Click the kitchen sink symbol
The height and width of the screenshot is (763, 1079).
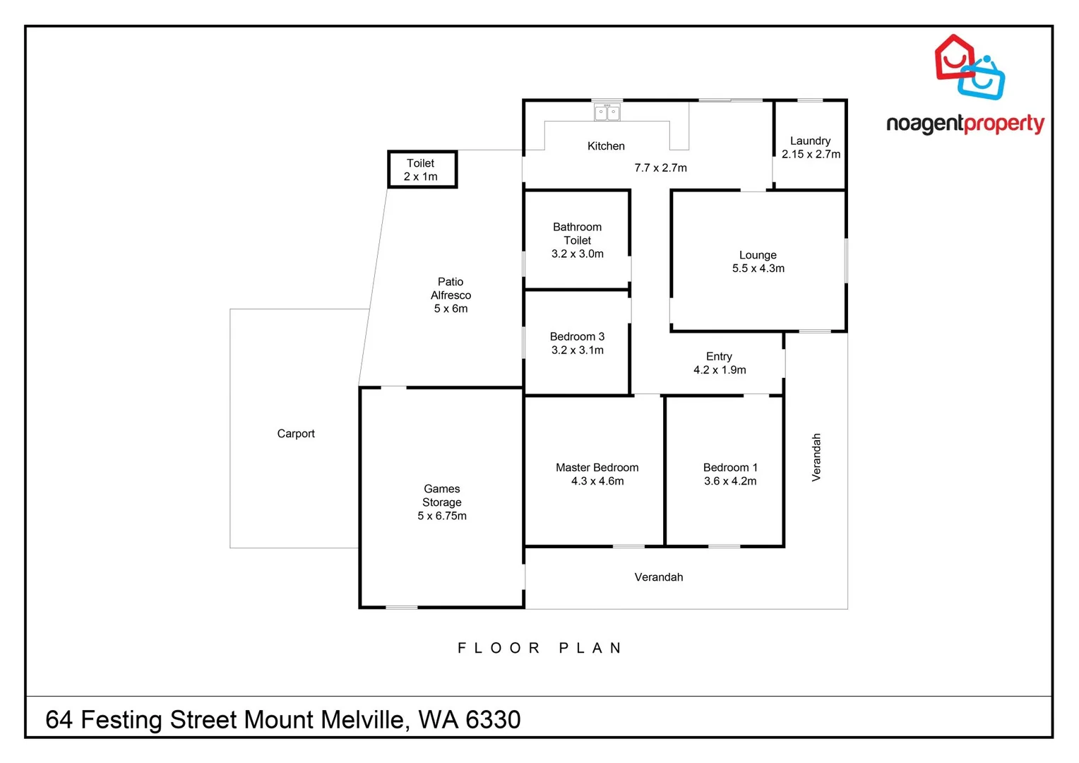click(607, 112)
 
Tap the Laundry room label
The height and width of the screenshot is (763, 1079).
click(810, 141)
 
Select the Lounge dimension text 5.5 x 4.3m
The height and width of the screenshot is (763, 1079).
click(758, 268)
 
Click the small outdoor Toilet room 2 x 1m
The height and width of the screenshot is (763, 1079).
click(422, 170)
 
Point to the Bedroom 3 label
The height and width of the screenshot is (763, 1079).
click(577, 336)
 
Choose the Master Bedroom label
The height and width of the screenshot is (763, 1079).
click(597, 468)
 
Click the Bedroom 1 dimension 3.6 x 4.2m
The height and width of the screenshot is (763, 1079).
click(729, 481)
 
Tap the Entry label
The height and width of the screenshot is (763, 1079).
click(719, 356)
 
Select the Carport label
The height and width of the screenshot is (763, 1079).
click(295, 434)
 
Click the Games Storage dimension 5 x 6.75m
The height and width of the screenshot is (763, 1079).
click(441, 516)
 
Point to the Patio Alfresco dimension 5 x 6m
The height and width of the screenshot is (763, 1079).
click(451, 309)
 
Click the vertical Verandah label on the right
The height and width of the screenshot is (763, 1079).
click(816, 458)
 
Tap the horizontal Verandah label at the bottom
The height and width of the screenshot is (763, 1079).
click(658, 577)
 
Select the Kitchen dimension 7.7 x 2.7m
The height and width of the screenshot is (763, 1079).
click(660, 168)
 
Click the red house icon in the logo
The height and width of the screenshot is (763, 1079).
click(953, 57)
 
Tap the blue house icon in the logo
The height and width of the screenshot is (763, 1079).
click(984, 78)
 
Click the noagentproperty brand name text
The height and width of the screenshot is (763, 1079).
click(965, 124)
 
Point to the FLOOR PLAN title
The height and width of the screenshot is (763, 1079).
click(539, 648)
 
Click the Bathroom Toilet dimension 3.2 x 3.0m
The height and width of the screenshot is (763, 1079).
click(577, 254)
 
